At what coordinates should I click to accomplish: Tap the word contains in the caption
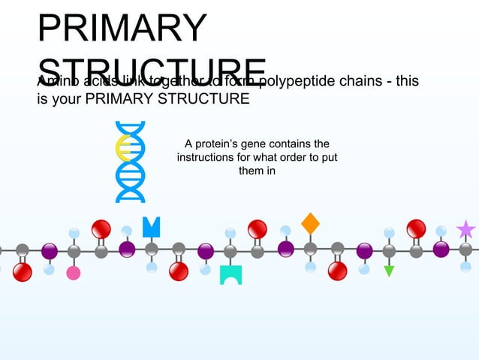click(291, 144)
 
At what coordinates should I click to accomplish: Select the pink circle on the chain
click(74, 272)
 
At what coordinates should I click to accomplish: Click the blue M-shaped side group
click(151, 226)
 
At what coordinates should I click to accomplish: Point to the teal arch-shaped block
click(230, 274)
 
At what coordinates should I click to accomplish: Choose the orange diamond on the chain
click(310, 223)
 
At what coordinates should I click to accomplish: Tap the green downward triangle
click(389, 271)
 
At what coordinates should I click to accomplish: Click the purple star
click(466, 228)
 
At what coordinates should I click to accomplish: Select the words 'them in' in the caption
click(251, 171)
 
